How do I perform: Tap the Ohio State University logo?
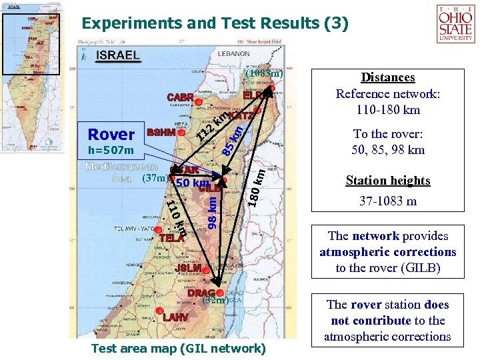[x=455, y=24]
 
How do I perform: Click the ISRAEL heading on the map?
[x=118, y=55]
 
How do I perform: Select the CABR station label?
[x=180, y=97]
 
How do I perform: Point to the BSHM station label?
[x=161, y=133]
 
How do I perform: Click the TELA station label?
[x=171, y=237]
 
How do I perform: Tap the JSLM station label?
[x=188, y=268]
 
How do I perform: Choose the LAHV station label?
[x=175, y=317]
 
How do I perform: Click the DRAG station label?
[x=201, y=293]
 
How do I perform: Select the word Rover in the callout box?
[x=111, y=134]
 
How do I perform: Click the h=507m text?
[x=111, y=150]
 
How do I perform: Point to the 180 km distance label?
[x=258, y=187]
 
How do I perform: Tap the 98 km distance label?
[x=212, y=213]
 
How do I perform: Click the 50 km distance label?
[x=193, y=183]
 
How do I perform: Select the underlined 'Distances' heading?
[x=388, y=78]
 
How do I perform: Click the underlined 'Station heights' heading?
[x=388, y=181]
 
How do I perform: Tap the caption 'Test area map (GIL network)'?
[x=178, y=348]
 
